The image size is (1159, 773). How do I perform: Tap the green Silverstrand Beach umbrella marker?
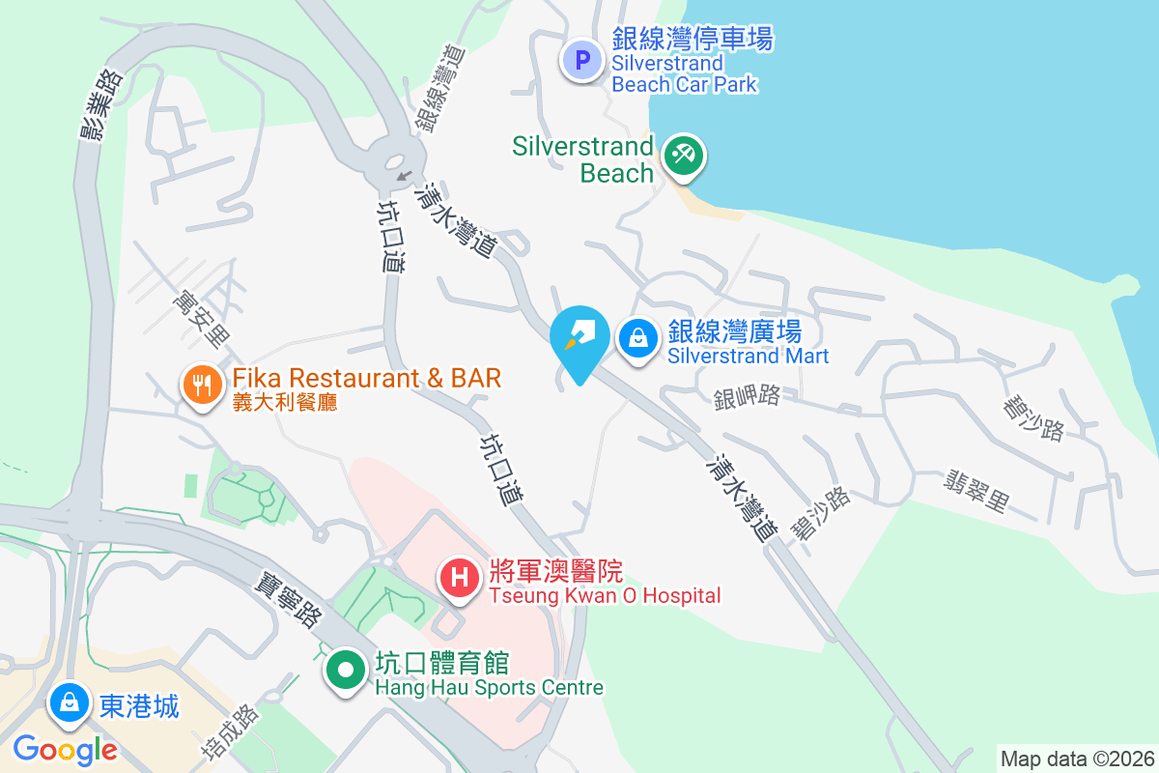684,155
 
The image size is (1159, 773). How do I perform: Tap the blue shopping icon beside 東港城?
70,702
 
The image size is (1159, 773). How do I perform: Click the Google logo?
65,749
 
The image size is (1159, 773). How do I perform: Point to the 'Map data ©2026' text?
1077,759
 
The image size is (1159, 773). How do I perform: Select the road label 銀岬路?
747,397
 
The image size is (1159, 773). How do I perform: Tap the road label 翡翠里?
976,490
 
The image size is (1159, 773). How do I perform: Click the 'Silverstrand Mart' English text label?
748,356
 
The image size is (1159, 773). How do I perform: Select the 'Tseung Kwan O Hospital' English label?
605,595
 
